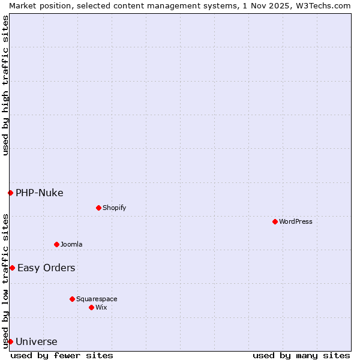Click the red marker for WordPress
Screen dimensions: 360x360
pyautogui.click(x=275, y=221)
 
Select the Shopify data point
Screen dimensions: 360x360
pyautogui.click(x=98, y=208)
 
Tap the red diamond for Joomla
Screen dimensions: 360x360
pyautogui.click(x=56, y=244)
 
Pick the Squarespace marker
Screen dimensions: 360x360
pyautogui.click(x=72, y=299)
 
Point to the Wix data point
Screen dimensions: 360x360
pyautogui.click(x=91, y=307)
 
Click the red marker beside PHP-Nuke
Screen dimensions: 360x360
pyautogui.click(x=10, y=193)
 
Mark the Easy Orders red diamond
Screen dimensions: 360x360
pyautogui.click(x=12, y=268)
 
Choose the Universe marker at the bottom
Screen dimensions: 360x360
pyautogui.click(x=10, y=341)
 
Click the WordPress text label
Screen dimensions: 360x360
pyautogui.click(x=296, y=221)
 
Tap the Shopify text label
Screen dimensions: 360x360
pyautogui.click(x=114, y=208)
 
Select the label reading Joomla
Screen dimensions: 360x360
pyautogui.click(x=71, y=244)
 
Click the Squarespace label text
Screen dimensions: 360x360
pyautogui.click(x=97, y=299)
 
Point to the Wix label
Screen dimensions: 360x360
pyautogui.click(x=101, y=307)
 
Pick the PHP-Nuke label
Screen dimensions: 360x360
pyautogui.click(x=40, y=193)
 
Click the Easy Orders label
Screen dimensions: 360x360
pyautogui.click(x=46, y=268)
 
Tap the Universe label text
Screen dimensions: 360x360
pyautogui.click(x=37, y=342)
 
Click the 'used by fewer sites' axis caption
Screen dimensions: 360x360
pyautogui.click(x=62, y=355)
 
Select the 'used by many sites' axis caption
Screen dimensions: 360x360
pyautogui.click(x=301, y=355)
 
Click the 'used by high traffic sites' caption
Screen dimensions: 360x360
pyautogui.click(x=5, y=85)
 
